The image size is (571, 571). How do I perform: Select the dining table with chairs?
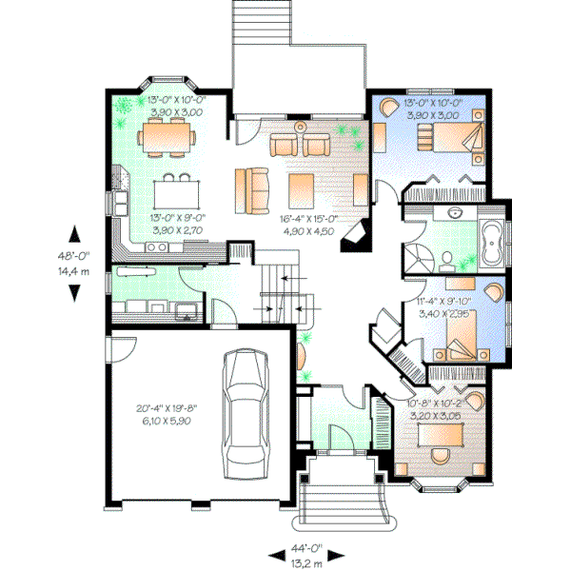pos(167,139)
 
